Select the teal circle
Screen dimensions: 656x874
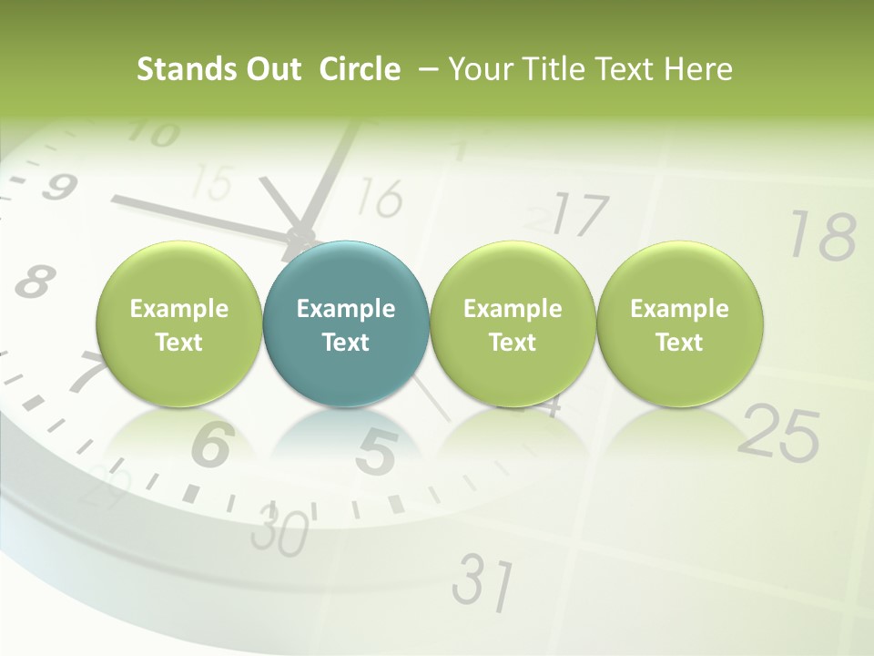coord(345,324)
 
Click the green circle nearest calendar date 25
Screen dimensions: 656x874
coord(679,324)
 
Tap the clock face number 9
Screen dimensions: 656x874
coord(57,188)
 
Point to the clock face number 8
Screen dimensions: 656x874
coord(35,281)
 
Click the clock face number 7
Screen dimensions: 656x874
coord(86,372)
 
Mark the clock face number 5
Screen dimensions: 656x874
coord(376,451)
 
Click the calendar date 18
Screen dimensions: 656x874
coord(822,235)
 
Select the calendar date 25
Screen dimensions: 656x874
coord(778,431)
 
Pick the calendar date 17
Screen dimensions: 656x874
coord(579,215)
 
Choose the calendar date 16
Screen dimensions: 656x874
coord(376,197)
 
